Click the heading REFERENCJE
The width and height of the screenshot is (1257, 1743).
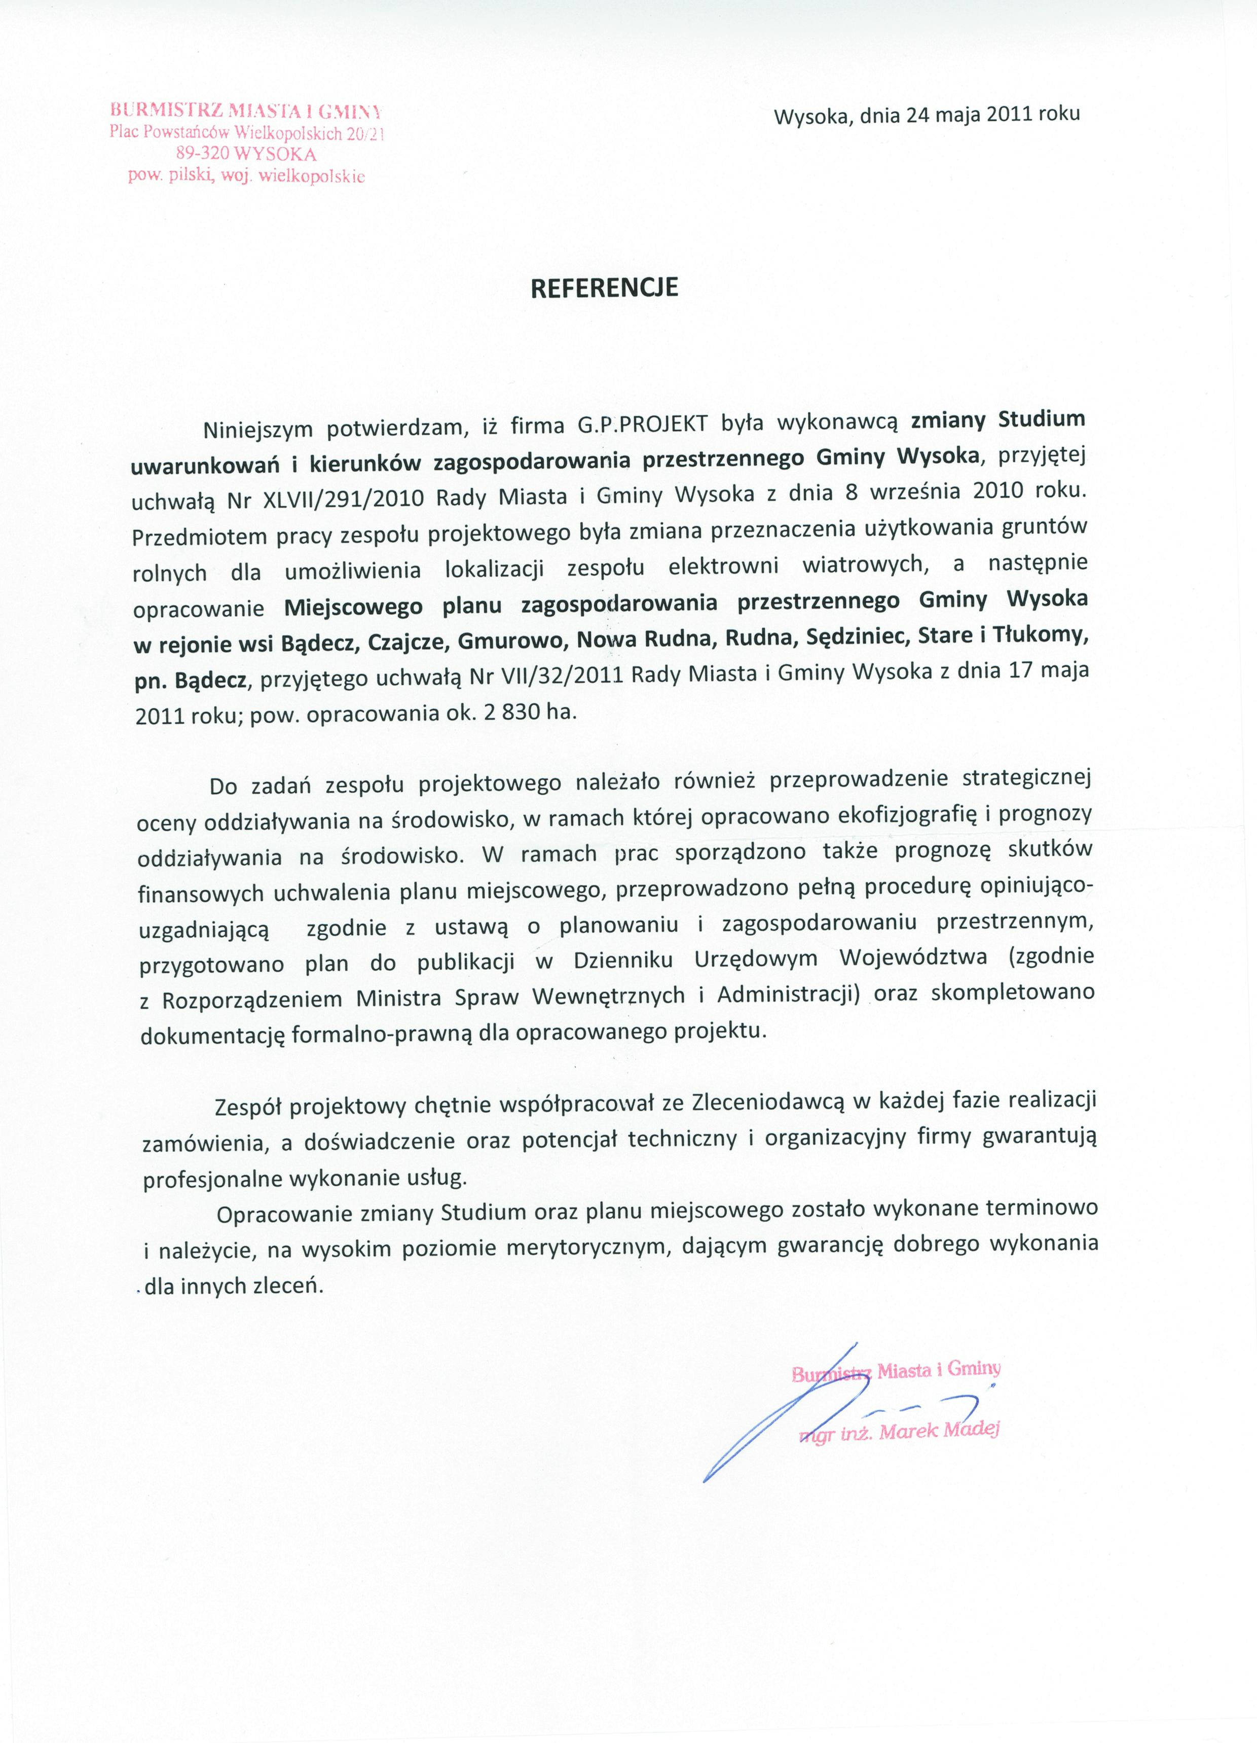click(x=606, y=288)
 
